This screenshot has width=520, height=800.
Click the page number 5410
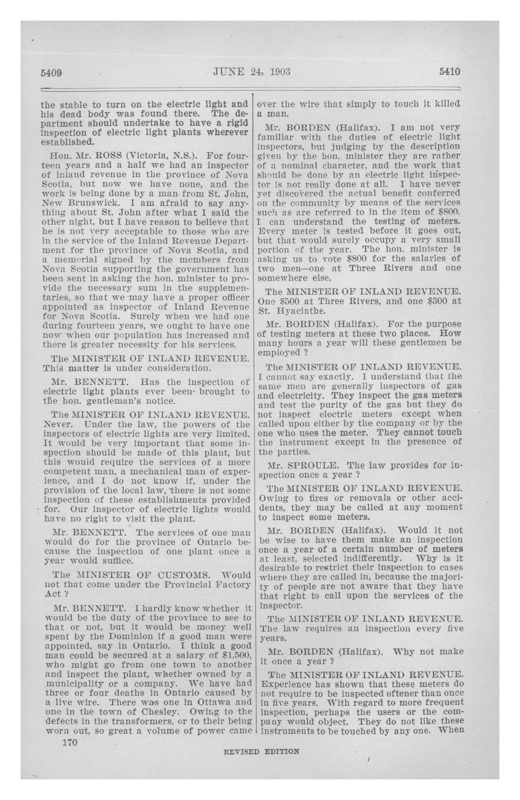tap(449, 72)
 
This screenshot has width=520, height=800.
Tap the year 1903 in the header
tap(280, 72)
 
